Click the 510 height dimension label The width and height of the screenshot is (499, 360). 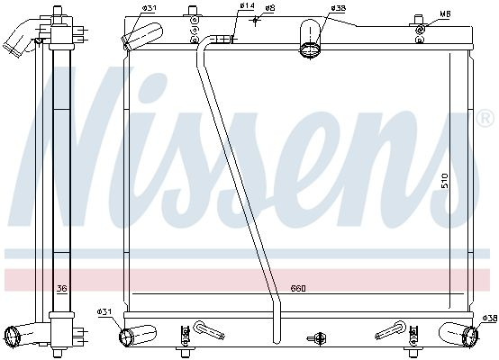[445, 181]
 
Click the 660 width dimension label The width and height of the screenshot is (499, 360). [298, 288]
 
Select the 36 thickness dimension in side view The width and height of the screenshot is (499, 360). [62, 288]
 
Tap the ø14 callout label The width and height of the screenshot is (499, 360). [248, 5]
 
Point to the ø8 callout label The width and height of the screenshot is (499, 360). [270, 8]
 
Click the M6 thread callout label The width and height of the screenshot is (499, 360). [445, 14]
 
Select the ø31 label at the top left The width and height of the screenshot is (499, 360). [149, 8]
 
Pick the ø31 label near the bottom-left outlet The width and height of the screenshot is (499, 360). [104, 312]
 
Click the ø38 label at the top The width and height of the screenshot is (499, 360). [338, 8]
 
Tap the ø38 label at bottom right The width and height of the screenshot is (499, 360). [489, 318]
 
